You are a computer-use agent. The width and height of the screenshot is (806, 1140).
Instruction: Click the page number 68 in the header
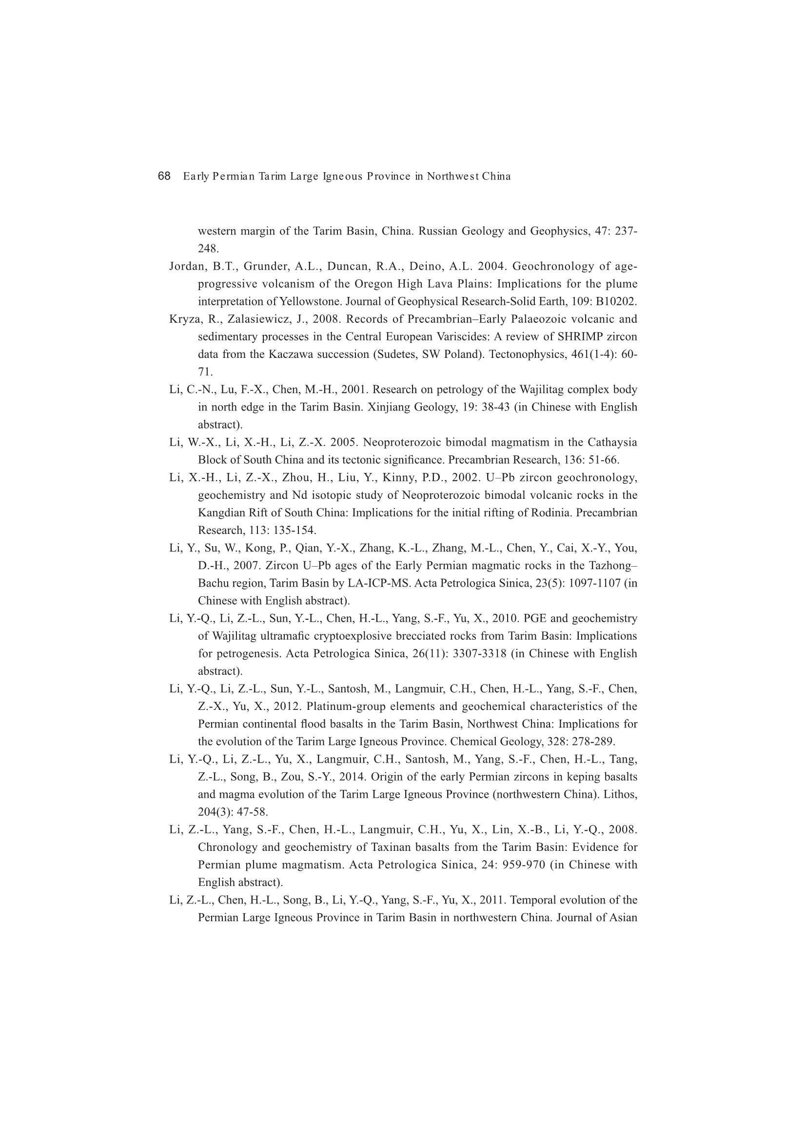click(164, 176)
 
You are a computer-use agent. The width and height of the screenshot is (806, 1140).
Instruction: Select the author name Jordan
click(187, 267)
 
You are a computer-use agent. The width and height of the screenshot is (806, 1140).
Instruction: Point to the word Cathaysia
click(612, 442)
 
